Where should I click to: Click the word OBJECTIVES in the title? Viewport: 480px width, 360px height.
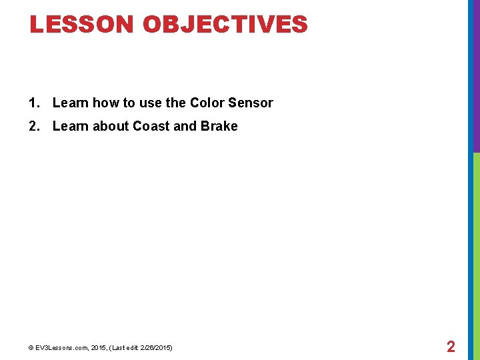[x=225, y=25]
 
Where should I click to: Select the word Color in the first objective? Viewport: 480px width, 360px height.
[x=207, y=103]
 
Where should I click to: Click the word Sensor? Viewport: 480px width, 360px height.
[x=251, y=103]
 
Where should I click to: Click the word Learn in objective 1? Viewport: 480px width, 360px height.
[x=70, y=103]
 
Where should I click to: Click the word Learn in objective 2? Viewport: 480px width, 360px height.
[x=70, y=126]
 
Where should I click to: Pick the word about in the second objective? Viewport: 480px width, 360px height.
[x=110, y=126]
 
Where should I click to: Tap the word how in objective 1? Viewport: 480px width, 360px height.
[x=105, y=103]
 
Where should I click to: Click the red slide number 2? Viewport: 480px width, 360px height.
[x=451, y=347]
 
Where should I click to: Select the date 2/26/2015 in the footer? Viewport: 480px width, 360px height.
[x=155, y=348]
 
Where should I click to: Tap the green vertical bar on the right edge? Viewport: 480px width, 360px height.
[x=476, y=253]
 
